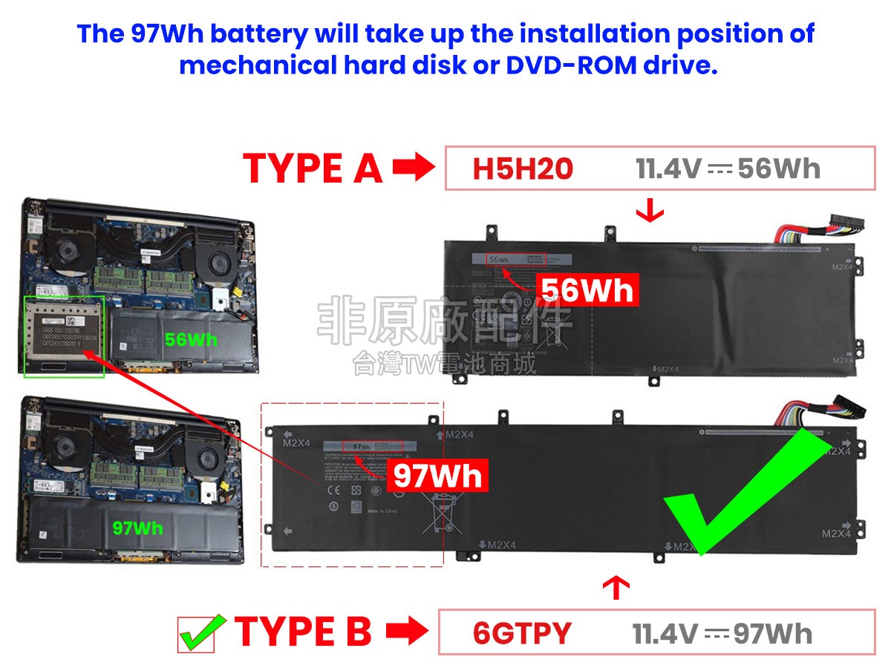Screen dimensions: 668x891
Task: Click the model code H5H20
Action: point(523,169)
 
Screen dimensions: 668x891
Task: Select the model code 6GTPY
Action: point(522,633)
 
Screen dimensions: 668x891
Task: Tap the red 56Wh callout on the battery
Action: point(587,290)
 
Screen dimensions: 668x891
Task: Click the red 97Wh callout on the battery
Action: point(437,475)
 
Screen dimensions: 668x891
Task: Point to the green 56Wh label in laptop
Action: point(191,340)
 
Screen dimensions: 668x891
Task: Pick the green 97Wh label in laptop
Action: point(137,528)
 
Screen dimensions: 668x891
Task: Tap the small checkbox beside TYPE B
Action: point(196,634)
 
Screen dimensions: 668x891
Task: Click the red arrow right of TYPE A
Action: point(413,168)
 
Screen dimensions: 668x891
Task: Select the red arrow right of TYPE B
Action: point(407,632)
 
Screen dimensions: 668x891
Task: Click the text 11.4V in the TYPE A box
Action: point(668,169)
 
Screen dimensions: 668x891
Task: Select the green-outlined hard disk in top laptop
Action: point(64,335)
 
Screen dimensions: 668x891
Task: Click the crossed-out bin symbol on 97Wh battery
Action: point(437,514)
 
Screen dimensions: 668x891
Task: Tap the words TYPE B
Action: point(303,632)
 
